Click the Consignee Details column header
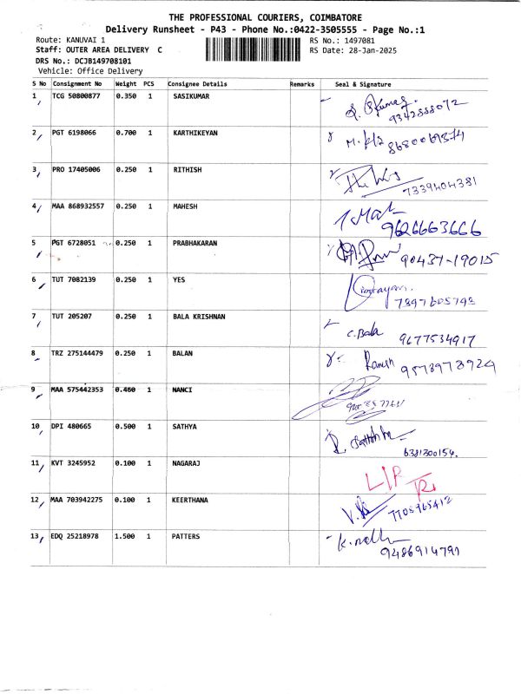197,84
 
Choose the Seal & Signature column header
363,84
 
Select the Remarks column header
304,84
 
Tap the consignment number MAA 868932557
78,206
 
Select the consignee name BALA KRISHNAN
199,317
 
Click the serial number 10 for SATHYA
36,427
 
